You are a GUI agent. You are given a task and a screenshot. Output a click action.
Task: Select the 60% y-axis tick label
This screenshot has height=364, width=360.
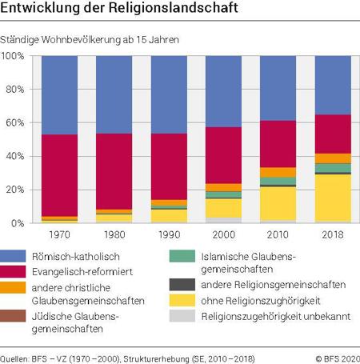pyautogui.click(x=15, y=123)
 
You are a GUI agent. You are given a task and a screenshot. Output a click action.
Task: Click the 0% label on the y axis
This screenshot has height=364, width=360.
pyautogui.click(x=18, y=223)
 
